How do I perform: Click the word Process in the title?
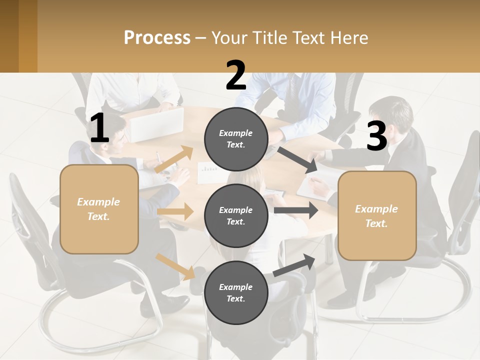(x=157, y=38)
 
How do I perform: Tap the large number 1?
(x=99, y=129)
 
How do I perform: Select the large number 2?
(x=236, y=76)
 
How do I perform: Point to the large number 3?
(x=376, y=136)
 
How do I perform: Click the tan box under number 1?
(x=99, y=209)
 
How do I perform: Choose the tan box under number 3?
(x=377, y=216)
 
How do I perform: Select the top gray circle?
(x=236, y=139)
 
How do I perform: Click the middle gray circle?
(x=236, y=215)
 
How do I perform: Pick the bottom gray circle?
(x=236, y=292)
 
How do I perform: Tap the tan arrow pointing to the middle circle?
(x=175, y=211)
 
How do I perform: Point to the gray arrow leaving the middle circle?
(x=295, y=210)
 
